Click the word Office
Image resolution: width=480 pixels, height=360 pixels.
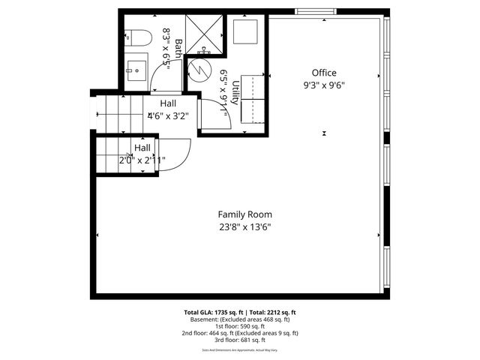click(x=325, y=73)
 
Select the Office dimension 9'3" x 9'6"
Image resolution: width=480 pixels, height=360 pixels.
click(x=325, y=85)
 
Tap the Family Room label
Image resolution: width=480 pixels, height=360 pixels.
click(x=244, y=214)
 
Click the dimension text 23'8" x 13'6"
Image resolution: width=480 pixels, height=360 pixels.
click(x=244, y=226)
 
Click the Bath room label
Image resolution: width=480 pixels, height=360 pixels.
click(x=178, y=48)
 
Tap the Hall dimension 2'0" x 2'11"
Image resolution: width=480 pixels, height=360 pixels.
click(x=142, y=160)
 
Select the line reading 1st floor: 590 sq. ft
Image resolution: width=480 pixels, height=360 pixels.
click(x=240, y=326)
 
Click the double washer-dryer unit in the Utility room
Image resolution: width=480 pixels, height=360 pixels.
click(x=253, y=98)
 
